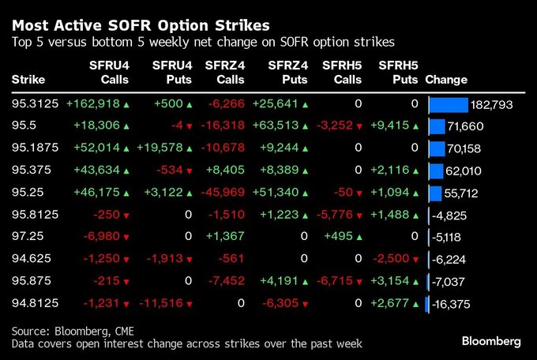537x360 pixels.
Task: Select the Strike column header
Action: click(28, 80)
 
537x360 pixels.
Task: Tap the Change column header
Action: click(446, 80)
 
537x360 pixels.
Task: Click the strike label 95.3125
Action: click(34, 104)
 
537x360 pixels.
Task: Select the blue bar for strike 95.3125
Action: click(449, 104)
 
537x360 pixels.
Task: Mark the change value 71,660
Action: click(466, 126)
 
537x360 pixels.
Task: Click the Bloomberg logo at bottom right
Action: click(491, 341)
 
